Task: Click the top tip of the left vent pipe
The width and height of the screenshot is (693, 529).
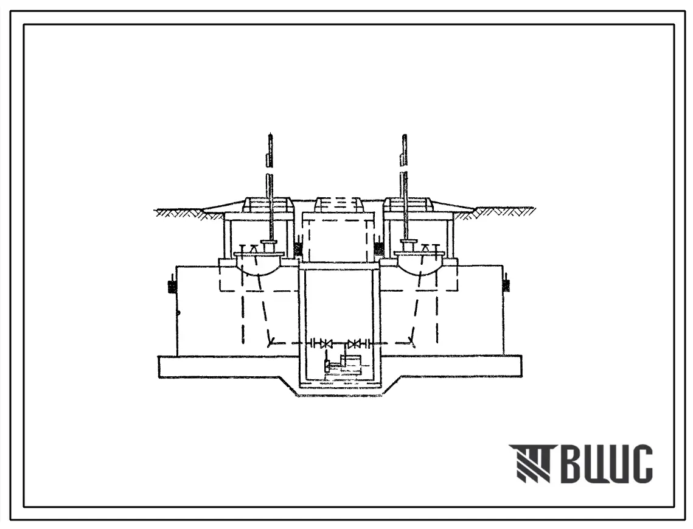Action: (270, 133)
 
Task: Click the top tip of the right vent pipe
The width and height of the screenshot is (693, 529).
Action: (404, 133)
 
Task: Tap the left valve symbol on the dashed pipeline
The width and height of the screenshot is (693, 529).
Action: (327, 343)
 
